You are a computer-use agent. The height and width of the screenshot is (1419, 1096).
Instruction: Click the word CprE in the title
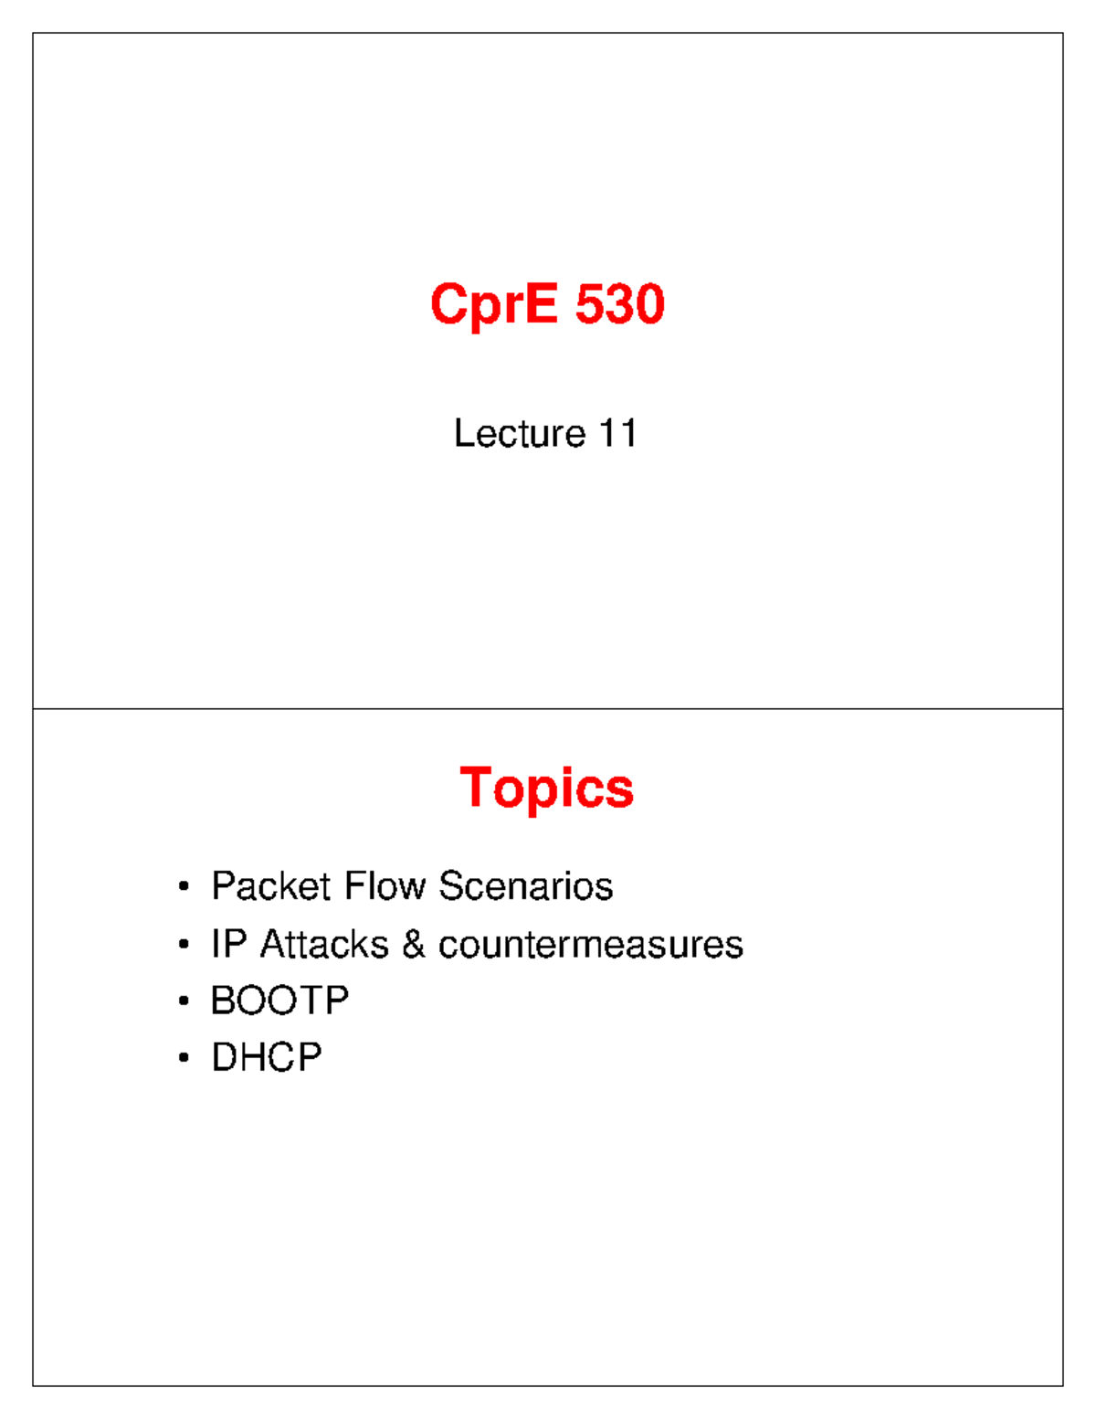(493, 304)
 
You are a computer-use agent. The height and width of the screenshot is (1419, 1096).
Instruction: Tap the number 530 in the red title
(620, 304)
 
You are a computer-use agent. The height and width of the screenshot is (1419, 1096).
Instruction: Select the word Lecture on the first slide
(519, 433)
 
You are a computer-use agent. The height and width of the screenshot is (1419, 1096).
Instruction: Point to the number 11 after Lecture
(618, 433)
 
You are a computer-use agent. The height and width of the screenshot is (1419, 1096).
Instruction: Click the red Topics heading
(546, 788)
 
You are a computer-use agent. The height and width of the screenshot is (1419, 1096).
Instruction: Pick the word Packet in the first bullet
(270, 885)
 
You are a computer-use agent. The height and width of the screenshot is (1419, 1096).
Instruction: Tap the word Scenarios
(525, 885)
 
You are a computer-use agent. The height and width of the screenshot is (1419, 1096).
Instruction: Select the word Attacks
(324, 944)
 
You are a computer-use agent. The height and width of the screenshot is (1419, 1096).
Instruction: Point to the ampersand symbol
(414, 944)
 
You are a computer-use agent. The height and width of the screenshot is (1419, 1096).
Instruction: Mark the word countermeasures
(590, 944)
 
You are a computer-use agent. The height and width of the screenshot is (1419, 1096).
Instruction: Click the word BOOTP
(279, 1001)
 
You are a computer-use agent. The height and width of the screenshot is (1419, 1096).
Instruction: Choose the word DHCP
(266, 1057)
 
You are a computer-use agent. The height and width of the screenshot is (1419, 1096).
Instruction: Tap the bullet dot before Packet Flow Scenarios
(184, 886)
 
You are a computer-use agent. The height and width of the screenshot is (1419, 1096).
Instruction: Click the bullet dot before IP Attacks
(184, 945)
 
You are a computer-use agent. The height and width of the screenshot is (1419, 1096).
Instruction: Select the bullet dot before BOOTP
(184, 1001)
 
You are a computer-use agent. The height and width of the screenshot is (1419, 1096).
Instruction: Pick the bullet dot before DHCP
(184, 1058)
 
